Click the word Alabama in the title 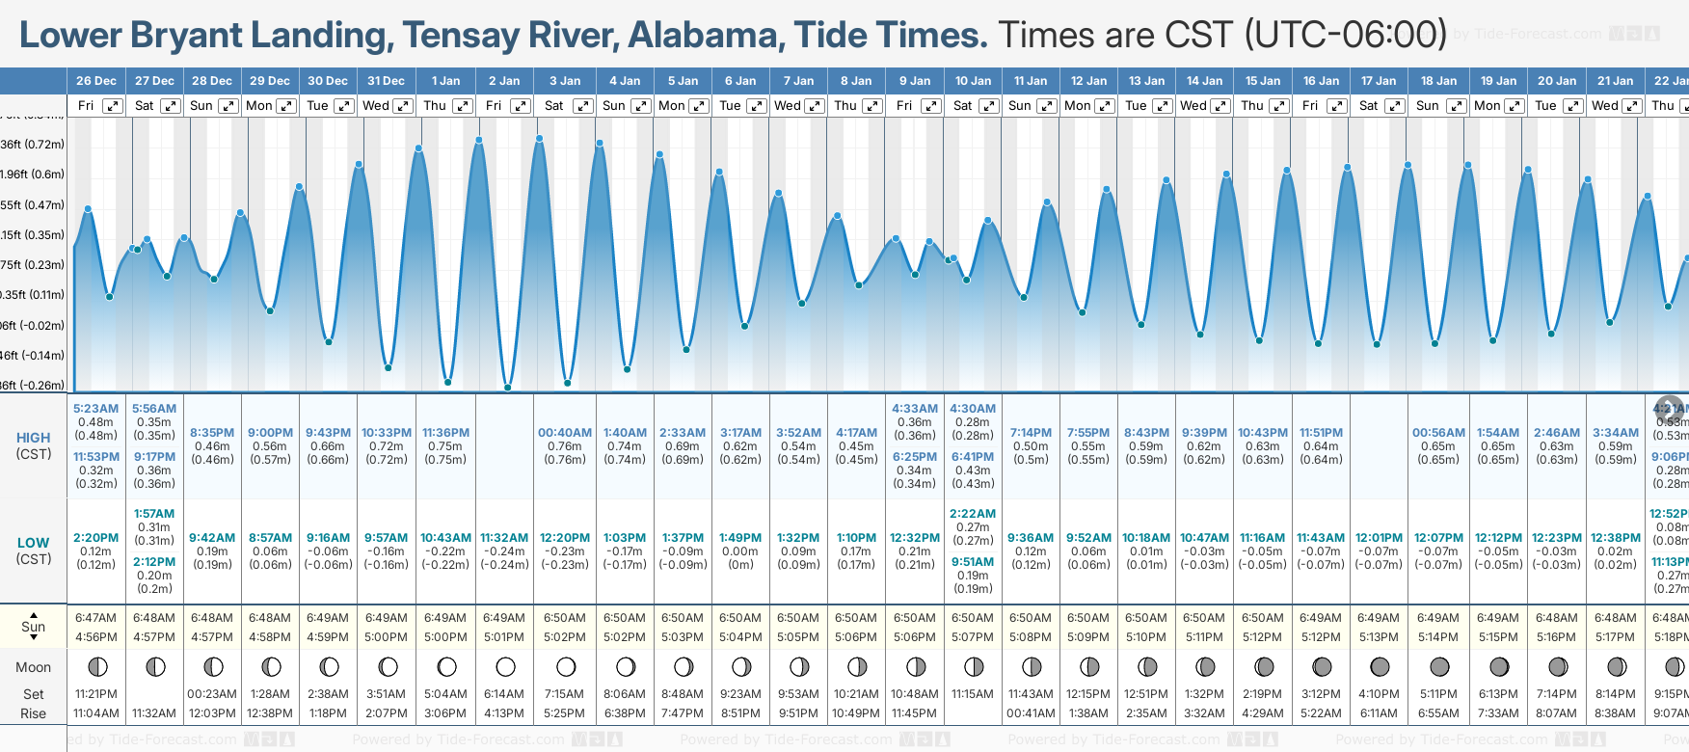pyautogui.click(x=703, y=36)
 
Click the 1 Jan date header pyautogui.click(x=445, y=81)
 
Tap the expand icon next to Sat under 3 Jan pyautogui.click(x=582, y=106)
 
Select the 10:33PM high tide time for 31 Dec pyautogui.click(x=386, y=433)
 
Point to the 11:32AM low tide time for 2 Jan pyautogui.click(x=504, y=538)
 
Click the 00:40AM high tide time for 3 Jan pyautogui.click(x=565, y=433)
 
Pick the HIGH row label pyautogui.click(x=33, y=438)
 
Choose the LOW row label pyautogui.click(x=33, y=543)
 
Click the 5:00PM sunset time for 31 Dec pyautogui.click(x=386, y=637)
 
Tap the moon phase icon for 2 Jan pyautogui.click(x=505, y=666)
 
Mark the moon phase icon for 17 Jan pyautogui.click(x=1380, y=666)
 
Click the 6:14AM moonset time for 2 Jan pyautogui.click(x=504, y=694)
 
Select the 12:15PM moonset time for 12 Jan pyautogui.click(x=1088, y=694)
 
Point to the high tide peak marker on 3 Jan pyautogui.click(x=539, y=139)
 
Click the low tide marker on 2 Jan pyautogui.click(x=507, y=388)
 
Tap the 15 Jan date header pyautogui.click(x=1263, y=81)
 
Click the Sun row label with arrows pyautogui.click(x=33, y=626)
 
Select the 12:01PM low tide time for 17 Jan pyautogui.click(x=1379, y=538)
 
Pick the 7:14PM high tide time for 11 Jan pyautogui.click(x=1031, y=433)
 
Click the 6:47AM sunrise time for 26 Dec pyautogui.click(x=95, y=618)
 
